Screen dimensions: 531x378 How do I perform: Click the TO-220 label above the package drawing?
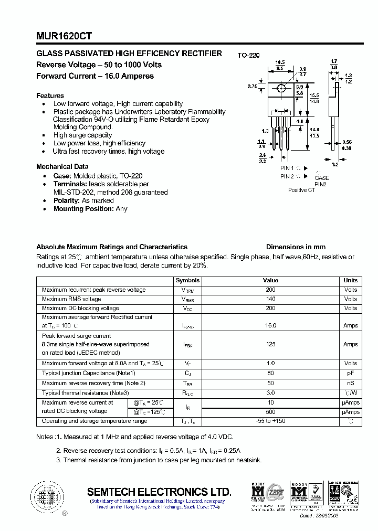click(248, 55)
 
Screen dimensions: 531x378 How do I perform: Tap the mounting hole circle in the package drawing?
click(281, 88)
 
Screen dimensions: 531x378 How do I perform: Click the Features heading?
click(50, 95)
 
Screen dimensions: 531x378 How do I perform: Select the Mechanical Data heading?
click(62, 166)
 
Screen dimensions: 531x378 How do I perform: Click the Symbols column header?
click(187, 280)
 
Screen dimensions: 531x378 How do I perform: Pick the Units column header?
click(350, 280)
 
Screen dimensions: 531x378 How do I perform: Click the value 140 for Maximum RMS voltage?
click(270, 299)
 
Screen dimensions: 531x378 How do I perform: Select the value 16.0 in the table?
click(270, 325)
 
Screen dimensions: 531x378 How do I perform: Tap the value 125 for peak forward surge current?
click(270, 344)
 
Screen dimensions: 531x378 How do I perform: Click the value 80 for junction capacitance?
click(270, 373)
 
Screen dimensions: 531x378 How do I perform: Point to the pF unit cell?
click(350, 373)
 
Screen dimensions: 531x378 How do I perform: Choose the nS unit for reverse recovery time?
click(350, 383)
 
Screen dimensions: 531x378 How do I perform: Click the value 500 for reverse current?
click(270, 411)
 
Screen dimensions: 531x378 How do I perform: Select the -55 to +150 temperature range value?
click(270, 421)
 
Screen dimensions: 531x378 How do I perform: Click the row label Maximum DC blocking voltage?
click(80, 308)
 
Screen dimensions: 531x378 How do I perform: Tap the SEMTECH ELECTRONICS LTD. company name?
click(159, 492)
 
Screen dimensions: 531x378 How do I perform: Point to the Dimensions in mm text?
click(296, 247)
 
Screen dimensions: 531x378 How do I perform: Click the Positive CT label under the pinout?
click(301, 190)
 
